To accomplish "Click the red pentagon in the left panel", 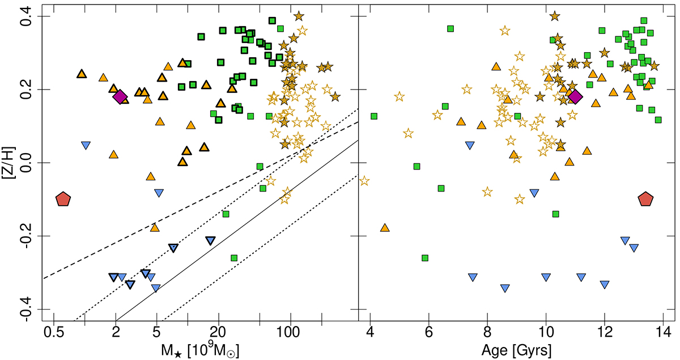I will pos(63,198).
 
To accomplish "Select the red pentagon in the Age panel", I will pos(646,198).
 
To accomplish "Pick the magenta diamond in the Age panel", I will pos(575,96).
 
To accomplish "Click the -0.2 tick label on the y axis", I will pos(20,236).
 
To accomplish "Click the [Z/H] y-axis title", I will pos(8,163).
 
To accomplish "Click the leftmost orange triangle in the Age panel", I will pos(385,228).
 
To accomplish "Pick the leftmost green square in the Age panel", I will pos(374,116).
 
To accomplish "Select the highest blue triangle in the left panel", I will pos(86,145).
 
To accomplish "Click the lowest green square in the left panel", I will pos(233,258).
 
